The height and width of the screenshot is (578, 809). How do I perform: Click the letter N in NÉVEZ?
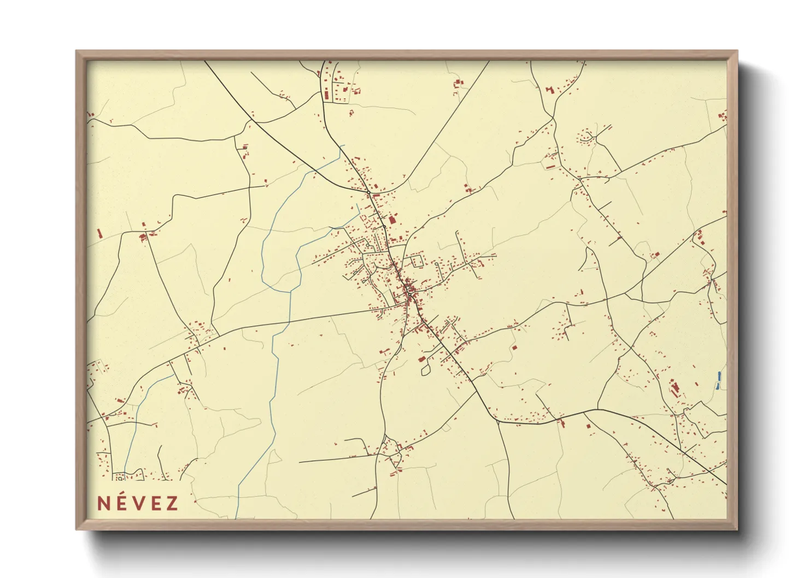[x=102, y=503]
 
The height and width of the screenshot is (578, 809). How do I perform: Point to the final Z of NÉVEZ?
[x=172, y=503]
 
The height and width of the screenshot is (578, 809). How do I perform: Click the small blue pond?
[x=719, y=377]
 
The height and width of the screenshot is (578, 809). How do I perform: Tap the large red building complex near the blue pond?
[x=675, y=388]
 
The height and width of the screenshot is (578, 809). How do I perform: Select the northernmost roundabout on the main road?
[x=369, y=192]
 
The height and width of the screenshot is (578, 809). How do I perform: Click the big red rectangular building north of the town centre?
[x=392, y=220]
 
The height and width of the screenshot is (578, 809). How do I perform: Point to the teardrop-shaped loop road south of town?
[x=425, y=370]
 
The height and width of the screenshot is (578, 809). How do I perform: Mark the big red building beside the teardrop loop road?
[x=421, y=359]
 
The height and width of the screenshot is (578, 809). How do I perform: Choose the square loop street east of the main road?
[x=418, y=259]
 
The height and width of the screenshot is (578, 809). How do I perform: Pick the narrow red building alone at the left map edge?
[x=99, y=233]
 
